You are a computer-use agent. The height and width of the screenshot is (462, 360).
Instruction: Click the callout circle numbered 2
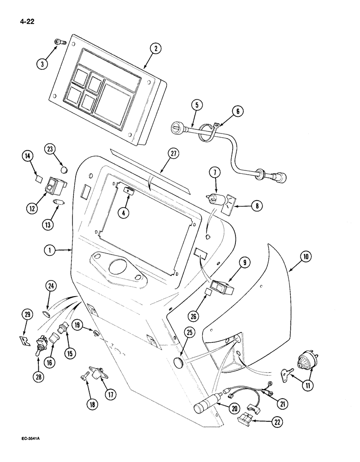click(x=157, y=48)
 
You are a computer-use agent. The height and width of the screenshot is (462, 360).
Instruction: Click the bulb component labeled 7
click(x=214, y=200)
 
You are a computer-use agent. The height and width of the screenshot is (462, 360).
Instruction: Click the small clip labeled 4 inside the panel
click(x=127, y=190)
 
